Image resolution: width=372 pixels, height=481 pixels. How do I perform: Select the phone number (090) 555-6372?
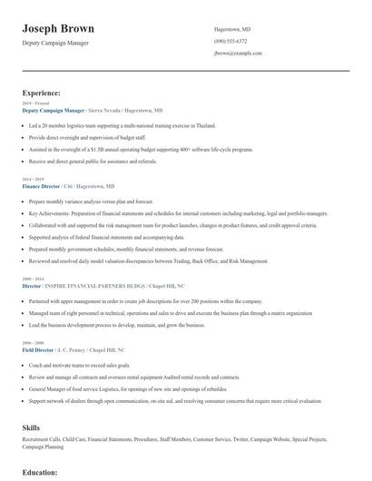(230, 41)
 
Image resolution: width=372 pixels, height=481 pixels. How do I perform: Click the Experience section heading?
(42, 93)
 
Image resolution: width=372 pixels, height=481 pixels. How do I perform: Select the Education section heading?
(40, 473)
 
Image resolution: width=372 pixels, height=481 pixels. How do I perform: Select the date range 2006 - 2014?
(32, 278)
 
